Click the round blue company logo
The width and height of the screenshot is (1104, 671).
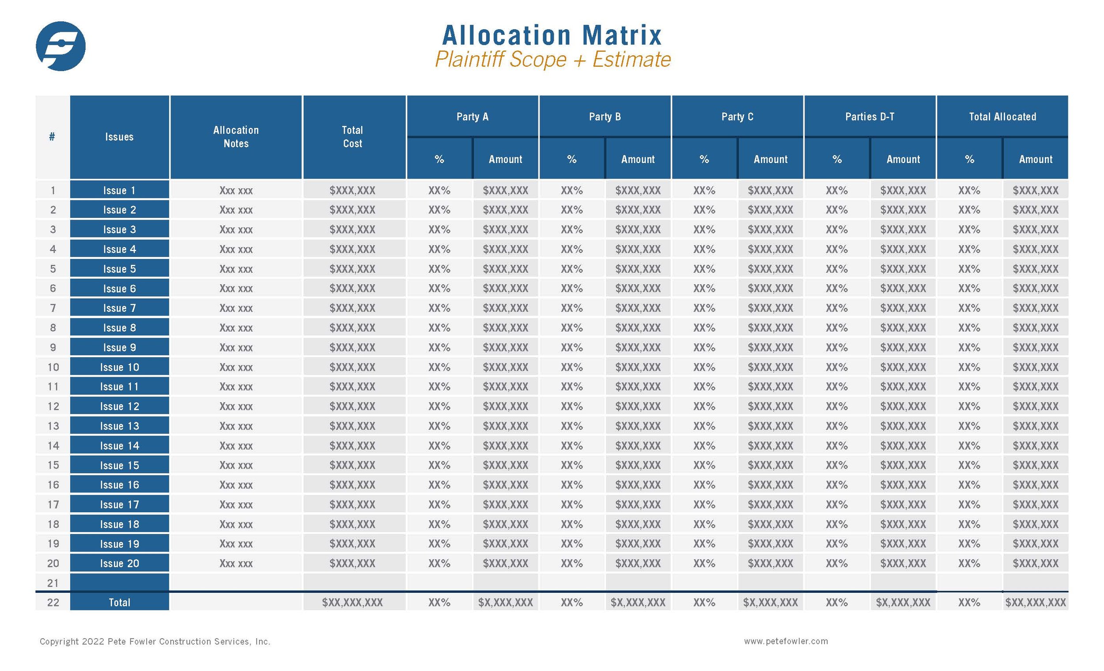[x=60, y=46]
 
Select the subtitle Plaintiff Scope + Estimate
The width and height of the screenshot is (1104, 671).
[x=552, y=60]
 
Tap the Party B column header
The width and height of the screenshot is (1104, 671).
[x=605, y=117]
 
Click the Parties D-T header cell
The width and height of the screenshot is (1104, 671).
[x=869, y=117]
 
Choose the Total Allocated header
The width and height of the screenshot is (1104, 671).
[x=1002, y=117]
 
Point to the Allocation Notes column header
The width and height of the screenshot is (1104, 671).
[x=236, y=137]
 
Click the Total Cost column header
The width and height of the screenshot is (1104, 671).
[x=352, y=137]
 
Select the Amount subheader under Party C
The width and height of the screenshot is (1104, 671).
[x=770, y=159]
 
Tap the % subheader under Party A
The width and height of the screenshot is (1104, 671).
[x=439, y=159]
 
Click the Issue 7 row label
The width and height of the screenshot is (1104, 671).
[x=119, y=308]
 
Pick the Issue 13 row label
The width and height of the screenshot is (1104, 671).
[x=119, y=426]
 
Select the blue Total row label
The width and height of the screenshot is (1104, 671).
[x=119, y=602]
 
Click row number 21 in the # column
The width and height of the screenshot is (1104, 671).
[x=53, y=583]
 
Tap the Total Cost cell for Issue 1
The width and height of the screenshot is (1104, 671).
[x=352, y=190]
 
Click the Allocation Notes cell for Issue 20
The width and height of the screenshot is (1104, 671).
[x=236, y=563]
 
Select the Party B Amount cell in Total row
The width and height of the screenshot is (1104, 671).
[x=638, y=602]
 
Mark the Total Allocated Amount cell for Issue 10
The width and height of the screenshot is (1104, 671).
[x=1036, y=367]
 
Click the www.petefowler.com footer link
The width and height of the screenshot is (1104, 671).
[x=786, y=641]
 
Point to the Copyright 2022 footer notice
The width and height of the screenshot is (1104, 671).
[x=155, y=642]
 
